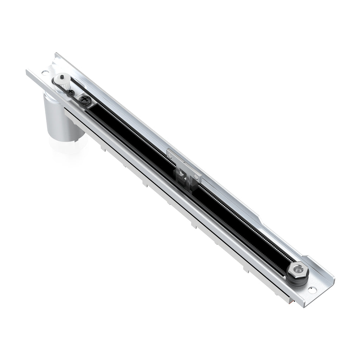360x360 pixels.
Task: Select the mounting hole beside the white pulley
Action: pos(45,73)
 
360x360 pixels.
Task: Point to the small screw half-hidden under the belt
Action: pos(71,92)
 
